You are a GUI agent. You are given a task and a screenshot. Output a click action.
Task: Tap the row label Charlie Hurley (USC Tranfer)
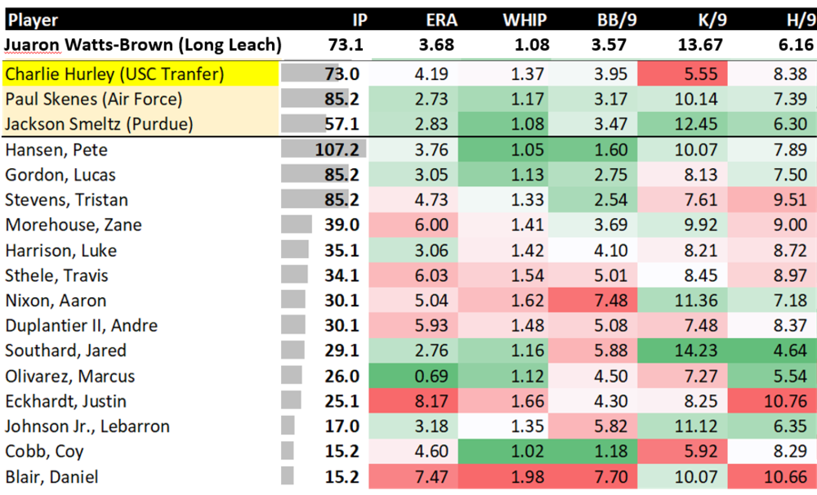pos(114,74)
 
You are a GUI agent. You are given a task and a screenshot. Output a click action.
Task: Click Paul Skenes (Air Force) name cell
pos(94,100)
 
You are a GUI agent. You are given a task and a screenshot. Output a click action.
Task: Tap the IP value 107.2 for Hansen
pos(337,150)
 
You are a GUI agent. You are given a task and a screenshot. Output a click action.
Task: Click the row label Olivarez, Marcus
pos(70,376)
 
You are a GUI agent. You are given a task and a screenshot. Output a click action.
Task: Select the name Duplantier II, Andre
pos(82,325)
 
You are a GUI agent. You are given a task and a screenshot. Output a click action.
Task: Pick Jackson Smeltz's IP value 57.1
pos(342,124)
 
